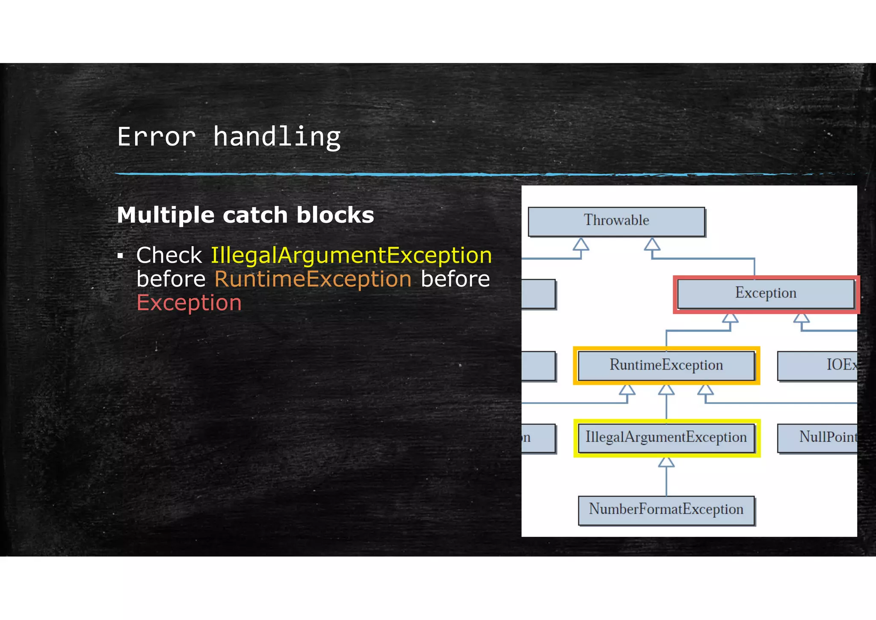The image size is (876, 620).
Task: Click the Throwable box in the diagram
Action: pos(616,221)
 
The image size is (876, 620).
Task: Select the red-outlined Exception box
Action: pos(766,294)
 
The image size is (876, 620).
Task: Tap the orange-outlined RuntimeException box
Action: pos(666,365)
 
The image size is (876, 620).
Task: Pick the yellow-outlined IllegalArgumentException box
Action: pos(666,438)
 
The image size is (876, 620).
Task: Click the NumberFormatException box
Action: pos(666,510)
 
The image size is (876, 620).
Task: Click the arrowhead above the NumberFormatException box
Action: pos(666,462)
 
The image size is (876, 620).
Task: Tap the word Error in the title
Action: pos(156,137)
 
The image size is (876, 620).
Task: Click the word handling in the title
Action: pos(277,137)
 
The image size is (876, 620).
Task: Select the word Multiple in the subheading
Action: pos(166,215)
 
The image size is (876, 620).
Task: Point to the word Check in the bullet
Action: pos(169,256)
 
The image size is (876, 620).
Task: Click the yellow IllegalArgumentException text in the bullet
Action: pos(351,256)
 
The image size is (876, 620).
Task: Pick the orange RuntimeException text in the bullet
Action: pos(313,279)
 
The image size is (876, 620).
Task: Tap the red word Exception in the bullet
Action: pos(189,303)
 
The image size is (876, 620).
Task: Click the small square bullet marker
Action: pos(121,256)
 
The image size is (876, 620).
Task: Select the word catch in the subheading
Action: pos(255,215)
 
